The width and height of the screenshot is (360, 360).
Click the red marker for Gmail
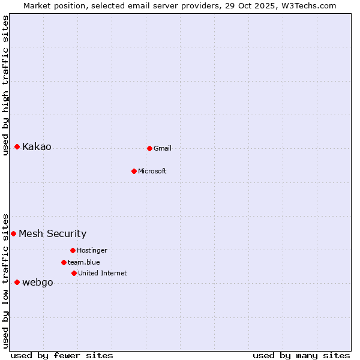coord(149,148)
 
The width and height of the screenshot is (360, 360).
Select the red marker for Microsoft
coord(134,171)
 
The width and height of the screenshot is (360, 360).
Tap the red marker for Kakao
coord(17,146)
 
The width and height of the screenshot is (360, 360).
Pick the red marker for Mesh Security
coord(13,233)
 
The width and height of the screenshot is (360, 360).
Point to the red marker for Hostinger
coord(73,250)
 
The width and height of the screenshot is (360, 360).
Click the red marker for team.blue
coord(64,262)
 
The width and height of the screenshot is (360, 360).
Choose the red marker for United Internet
coord(74,273)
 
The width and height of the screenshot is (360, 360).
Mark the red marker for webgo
coord(17,282)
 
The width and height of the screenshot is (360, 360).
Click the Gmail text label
coord(163,148)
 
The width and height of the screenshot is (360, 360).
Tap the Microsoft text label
coord(152,171)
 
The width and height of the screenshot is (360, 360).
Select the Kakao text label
coord(37,147)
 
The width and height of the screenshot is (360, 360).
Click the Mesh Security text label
coord(53,234)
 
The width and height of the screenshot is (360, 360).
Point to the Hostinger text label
coord(92,250)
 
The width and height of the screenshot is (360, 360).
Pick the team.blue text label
coord(84,262)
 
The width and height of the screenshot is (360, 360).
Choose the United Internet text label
coord(103,273)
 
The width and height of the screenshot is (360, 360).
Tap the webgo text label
coord(38,283)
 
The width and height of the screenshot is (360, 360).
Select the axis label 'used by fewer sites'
coord(62,355)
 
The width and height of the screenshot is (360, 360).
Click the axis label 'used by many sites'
coord(301,355)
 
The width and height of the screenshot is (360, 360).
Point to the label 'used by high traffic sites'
coord(5,85)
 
